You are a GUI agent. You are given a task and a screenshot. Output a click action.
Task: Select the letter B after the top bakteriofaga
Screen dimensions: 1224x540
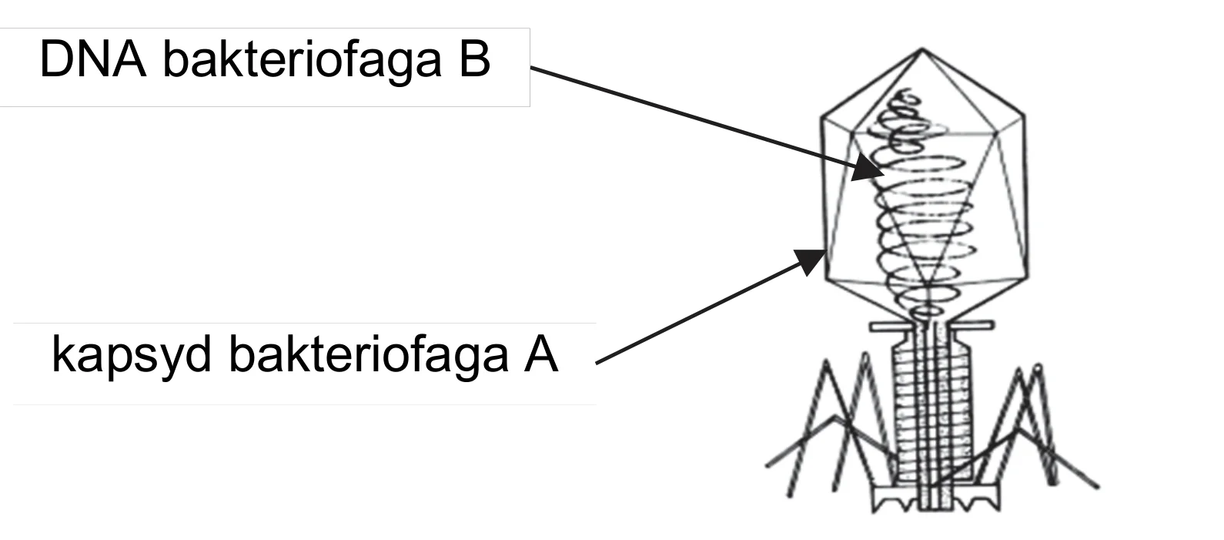[474, 59]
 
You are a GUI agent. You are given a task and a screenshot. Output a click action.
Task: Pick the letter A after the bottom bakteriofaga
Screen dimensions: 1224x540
[541, 354]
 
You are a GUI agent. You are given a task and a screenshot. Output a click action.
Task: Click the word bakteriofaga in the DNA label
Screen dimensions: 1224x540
[303, 60]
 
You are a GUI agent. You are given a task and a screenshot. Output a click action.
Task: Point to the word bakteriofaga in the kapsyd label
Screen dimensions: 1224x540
[368, 357]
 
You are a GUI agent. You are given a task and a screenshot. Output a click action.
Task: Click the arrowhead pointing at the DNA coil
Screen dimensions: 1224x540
[868, 168]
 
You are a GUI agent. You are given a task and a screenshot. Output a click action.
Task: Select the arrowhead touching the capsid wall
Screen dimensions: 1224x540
[811, 261]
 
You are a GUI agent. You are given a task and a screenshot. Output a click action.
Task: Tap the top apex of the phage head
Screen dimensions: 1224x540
[922, 49]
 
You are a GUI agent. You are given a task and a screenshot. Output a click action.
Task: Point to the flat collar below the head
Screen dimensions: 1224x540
[931, 327]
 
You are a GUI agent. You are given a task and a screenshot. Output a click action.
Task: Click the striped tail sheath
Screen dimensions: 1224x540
[931, 415]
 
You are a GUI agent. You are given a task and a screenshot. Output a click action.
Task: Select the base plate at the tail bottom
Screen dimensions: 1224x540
[935, 498]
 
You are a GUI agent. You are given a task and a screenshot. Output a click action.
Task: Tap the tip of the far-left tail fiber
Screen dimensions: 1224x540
[767, 466]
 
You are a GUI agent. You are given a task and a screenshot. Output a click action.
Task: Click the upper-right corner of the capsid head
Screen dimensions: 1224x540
[1024, 116]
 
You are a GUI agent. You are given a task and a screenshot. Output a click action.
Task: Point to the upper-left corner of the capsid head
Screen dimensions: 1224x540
[822, 117]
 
